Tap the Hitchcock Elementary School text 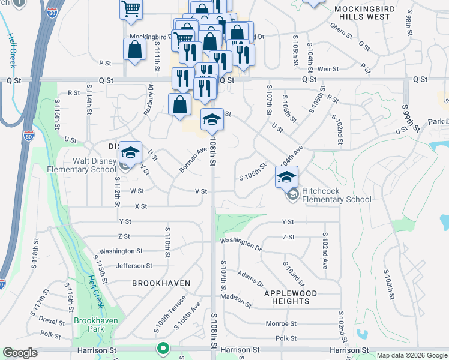[337, 195]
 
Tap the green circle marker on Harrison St [163, 348]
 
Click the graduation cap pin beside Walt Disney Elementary [130, 152]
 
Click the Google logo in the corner [20, 353]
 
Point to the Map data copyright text [411, 355]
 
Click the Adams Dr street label [250, 278]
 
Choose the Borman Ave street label [193, 161]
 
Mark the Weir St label [328, 69]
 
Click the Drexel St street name [52, 320]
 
